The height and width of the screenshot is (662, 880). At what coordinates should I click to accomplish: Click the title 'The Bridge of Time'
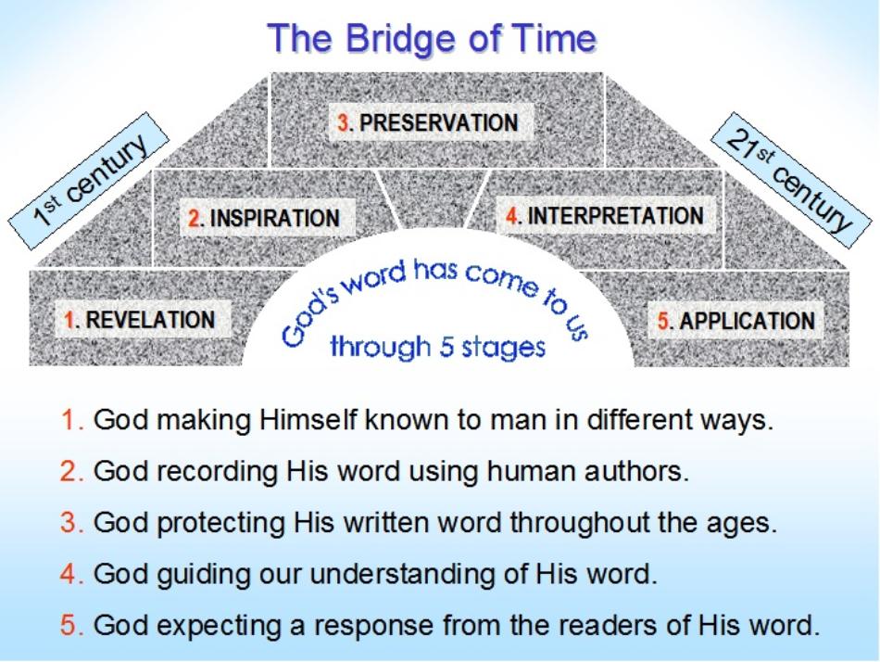(432, 38)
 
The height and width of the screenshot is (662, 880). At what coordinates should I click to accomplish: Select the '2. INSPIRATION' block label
(264, 218)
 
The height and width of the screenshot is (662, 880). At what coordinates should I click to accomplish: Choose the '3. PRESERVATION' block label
(428, 122)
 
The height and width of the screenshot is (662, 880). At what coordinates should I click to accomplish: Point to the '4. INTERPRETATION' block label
(605, 215)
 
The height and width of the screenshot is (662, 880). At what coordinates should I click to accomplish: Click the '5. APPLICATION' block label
(735, 321)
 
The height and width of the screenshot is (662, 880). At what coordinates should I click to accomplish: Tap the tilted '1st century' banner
(89, 181)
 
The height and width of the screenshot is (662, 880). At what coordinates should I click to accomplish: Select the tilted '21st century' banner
(791, 181)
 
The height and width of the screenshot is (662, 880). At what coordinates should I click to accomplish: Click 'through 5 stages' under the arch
(437, 347)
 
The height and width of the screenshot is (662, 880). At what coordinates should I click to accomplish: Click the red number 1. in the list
(72, 420)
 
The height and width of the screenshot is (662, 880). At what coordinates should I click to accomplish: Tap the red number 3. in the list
(72, 523)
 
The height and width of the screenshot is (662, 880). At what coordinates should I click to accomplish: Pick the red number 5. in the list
(72, 625)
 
